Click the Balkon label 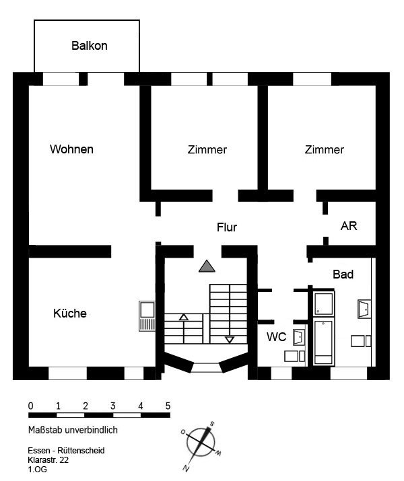tap(90, 46)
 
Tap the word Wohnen tap(71, 149)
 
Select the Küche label tap(70, 313)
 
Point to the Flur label tap(227, 227)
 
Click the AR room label tap(349, 226)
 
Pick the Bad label tap(343, 274)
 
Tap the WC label tap(277, 337)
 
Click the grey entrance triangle tap(207, 266)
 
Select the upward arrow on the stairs tap(184, 317)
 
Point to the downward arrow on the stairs tap(230, 340)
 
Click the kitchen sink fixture tap(147, 316)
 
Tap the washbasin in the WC tap(299, 338)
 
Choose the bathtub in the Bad tap(324, 342)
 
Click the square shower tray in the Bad tap(324, 303)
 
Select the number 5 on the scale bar tap(168, 406)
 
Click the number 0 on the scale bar tap(31, 406)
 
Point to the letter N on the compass tap(186, 468)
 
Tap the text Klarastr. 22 tap(48, 460)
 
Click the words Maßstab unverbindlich tap(73, 430)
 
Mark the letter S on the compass tap(212, 424)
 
